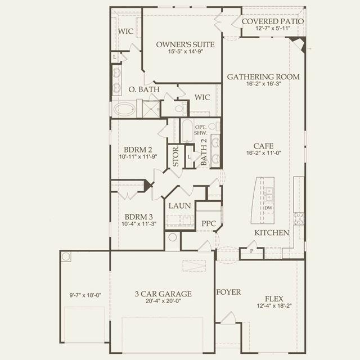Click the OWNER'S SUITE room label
pos(185,44)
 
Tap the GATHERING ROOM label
pos(263,76)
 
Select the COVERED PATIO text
pos(273,21)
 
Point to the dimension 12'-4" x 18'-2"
pos(274,306)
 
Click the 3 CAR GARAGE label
pos(163,294)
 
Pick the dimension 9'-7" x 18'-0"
pos(85,295)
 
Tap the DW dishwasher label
pos(268,208)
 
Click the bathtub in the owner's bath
pos(124,109)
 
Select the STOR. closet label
pos(175,156)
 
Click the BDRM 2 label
pos(138,150)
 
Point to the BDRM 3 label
pos(139,217)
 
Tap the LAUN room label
pos(180,206)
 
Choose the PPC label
pos(209,223)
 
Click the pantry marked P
pos(251,251)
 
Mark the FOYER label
pos(229,292)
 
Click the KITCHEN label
pos(272,233)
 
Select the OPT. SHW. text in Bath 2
pos(201,130)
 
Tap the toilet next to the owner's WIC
pos(180,109)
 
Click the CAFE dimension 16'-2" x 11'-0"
pos(264,153)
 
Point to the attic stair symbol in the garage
pos(194,266)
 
